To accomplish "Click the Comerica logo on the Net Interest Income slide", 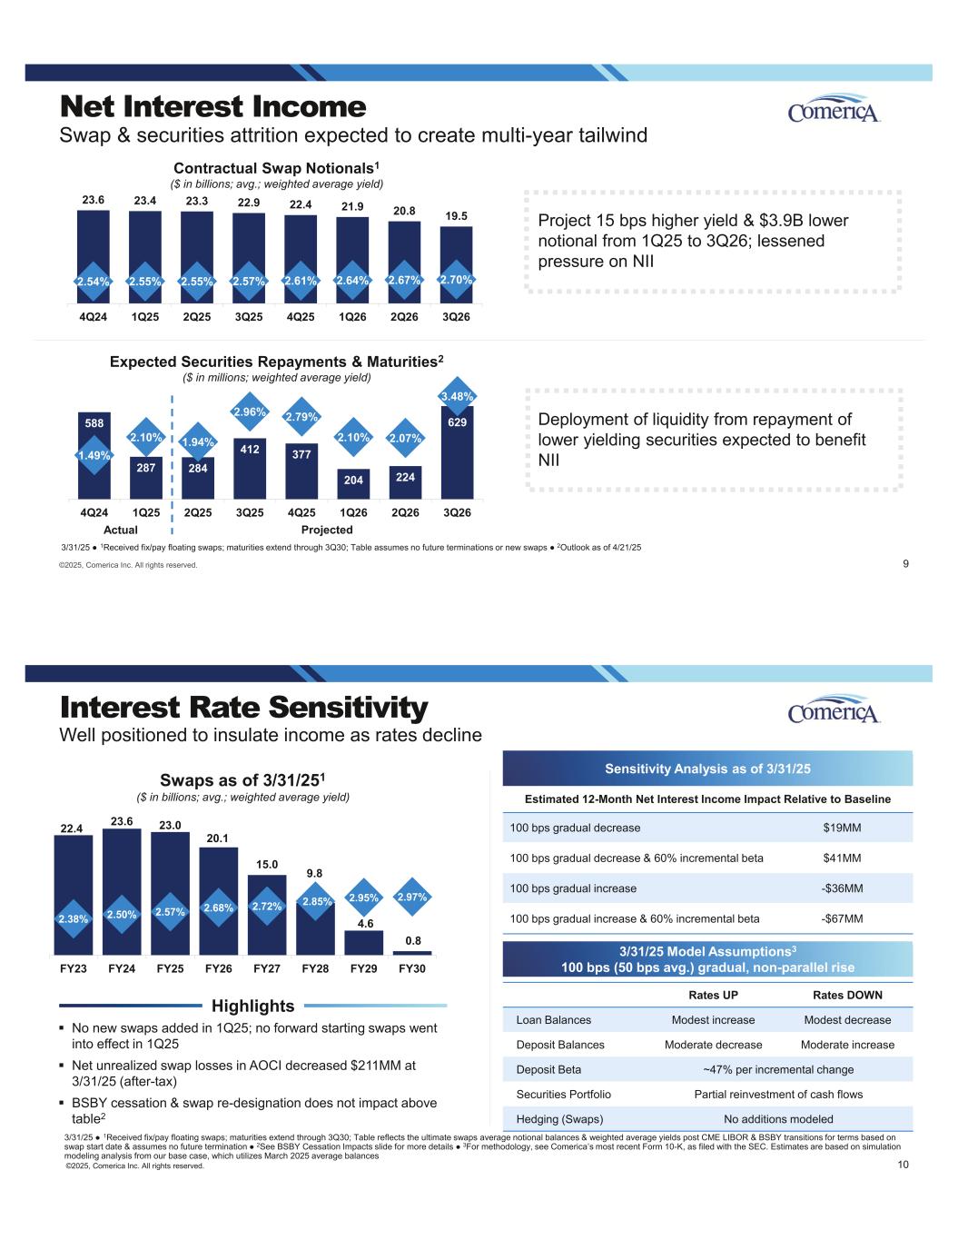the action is click(x=834, y=108).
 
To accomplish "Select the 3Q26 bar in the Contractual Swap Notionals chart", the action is click(x=456, y=264).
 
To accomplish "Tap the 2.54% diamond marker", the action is click(x=94, y=282).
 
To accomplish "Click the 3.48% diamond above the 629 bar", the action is click(x=457, y=396).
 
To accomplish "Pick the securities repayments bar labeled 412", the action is click(x=249, y=469).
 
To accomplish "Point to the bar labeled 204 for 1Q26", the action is click(x=353, y=484).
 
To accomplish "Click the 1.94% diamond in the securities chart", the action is click(x=198, y=441).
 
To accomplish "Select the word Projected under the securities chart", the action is click(x=327, y=530).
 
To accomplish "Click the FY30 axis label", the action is click(x=411, y=968).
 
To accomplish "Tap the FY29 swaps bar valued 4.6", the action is click(x=364, y=943).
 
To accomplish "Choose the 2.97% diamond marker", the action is click(x=412, y=897).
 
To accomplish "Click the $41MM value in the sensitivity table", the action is click(x=842, y=858).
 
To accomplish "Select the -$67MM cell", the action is click(x=842, y=918).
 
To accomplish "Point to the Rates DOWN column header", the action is click(x=847, y=995).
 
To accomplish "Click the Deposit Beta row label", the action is click(x=548, y=1069).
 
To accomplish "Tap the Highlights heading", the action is click(x=252, y=1006).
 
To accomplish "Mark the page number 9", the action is click(x=905, y=564).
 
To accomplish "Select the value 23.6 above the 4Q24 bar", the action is click(x=93, y=200).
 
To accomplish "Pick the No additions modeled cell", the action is click(x=778, y=1119).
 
